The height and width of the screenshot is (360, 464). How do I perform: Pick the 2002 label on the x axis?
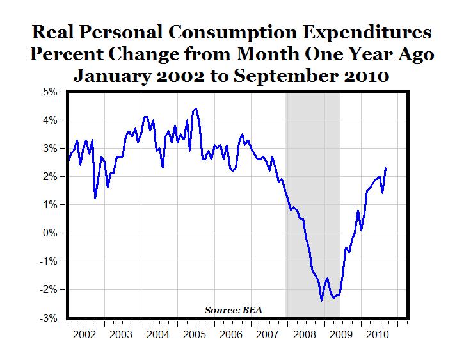click(x=86, y=334)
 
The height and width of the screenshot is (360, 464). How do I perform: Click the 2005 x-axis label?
click(x=195, y=334)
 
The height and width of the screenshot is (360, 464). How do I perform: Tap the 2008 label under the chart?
click(x=303, y=334)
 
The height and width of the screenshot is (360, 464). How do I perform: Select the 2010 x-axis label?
click(x=376, y=334)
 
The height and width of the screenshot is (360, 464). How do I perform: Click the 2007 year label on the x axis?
click(x=267, y=334)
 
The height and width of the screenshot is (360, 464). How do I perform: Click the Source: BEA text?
click(x=234, y=310)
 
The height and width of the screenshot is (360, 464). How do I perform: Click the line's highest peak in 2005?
click(x=196, y=108)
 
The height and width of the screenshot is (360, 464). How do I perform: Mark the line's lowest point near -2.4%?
click(x=321, y=300)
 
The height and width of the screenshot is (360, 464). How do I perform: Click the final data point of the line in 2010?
click(x=385, y=168)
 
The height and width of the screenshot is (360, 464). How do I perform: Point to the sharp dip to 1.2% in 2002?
click(x=95, y=199)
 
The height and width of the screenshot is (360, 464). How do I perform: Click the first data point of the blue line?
click(x=68, y=160)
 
